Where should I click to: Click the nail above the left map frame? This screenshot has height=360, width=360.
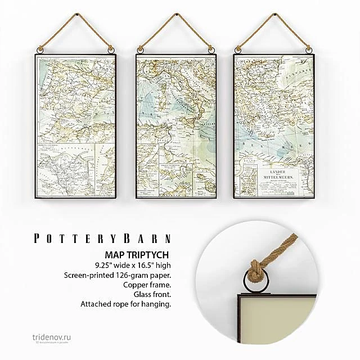(75, 12)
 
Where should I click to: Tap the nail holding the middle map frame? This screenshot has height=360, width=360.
(175, 12)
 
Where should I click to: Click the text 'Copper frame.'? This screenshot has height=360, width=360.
(148, 285)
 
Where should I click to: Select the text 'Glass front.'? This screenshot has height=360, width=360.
(151, 295)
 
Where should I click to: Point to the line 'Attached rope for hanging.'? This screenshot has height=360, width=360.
(125, 304)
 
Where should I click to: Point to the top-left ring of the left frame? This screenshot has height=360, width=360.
(39, 52)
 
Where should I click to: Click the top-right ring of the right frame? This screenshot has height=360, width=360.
(309, 52)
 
